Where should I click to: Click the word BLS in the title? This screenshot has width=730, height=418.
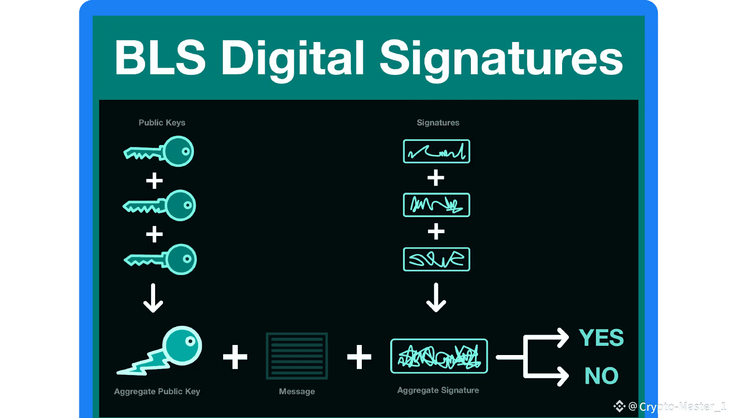[x=160, y=58]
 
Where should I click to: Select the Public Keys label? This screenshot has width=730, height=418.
[x=162, y=123]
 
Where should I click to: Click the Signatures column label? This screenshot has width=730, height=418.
[x=438, y=123]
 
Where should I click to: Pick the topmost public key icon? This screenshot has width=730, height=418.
[x=160, y=152]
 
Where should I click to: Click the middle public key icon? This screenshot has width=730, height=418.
[x=160, y=206]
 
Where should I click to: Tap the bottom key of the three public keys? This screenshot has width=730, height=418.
[x=161, y=260]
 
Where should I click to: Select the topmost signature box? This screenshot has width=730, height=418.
[x=437, y=152]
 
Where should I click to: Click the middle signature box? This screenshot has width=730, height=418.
[x=437, y=205]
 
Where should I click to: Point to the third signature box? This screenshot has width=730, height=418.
[x=437, y=259]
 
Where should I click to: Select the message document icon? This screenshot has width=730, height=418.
[x=297, y=356]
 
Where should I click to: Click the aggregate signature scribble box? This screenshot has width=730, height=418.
[x=439, y=356]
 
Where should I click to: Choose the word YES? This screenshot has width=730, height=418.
[x=601, y=338]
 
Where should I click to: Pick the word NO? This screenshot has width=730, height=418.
[x=601, y=376]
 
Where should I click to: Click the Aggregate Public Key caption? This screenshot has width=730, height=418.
[x=157, y=392]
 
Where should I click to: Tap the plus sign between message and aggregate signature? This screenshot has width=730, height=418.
[x=359, y=357]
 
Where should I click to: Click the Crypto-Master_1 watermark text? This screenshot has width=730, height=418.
[x=682, y=407]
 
